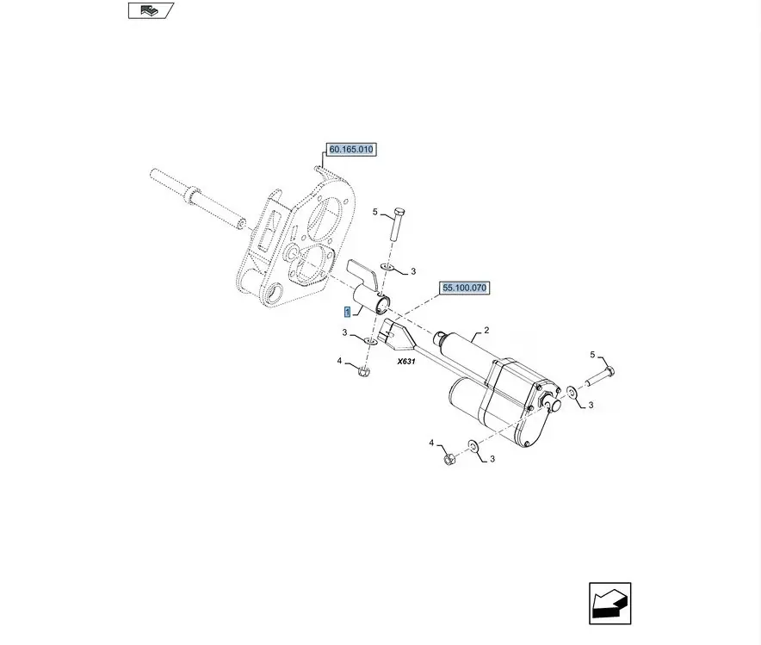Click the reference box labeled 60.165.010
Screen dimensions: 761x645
[351, 150]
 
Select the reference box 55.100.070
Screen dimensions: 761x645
[464, 288]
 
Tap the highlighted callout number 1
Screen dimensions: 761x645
[347, 312]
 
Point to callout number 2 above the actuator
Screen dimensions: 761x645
[486, 331]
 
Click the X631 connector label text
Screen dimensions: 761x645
[406, 362]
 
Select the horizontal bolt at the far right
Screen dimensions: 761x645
[599, 377]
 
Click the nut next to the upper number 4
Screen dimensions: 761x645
[363, 373]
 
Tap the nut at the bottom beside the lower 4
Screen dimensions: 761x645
[449, 458]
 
